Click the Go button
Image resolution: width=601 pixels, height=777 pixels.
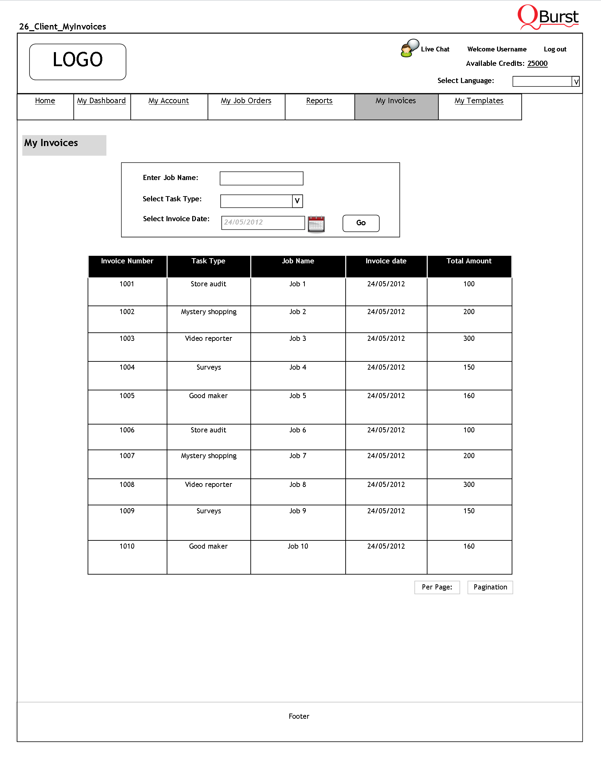(x=361, y=223)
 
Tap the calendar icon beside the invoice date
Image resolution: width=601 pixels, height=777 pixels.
(x=316, y=224)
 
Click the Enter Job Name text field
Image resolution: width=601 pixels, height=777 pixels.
(x=261, y=178)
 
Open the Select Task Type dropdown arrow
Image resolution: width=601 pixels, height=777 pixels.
(x=297, y=201)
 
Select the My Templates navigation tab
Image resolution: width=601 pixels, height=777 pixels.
(x=479, y=101)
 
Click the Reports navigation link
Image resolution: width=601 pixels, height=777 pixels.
(x=319, y=101)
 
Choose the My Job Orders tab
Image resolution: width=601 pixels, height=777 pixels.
(x=246, y=101)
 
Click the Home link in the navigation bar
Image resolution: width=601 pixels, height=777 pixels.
(x=45, y=101)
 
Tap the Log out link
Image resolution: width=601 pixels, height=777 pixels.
(x=555, y=49)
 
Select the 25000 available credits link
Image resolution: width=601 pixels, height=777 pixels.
(x=537, y=64)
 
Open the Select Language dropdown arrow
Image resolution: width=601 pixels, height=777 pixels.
(x=576, y=82)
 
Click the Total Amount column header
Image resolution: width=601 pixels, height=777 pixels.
(x=469, y=262)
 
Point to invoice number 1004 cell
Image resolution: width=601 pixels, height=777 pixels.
(x=127, y=368)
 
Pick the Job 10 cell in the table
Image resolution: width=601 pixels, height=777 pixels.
(x=298, y=547)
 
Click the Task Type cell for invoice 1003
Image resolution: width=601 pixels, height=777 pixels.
(x=208, y=339)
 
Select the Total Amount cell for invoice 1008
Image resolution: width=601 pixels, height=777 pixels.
(x=469, y=485)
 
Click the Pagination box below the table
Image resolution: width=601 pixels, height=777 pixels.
(x=490, y=587)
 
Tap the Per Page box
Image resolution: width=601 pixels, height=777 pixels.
(x=437, y=587)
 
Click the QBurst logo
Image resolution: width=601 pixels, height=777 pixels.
(x=548, y=17)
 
